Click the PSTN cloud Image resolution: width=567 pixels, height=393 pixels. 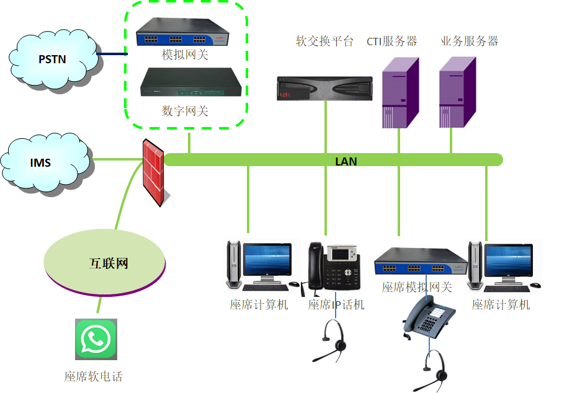click(53, 59)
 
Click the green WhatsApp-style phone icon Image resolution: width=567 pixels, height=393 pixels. click(96, 339)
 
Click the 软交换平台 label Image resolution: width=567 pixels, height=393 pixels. click(324, 42)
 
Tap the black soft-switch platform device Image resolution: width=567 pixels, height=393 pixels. click(324, 88)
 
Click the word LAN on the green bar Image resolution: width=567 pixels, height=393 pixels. click(346, 161)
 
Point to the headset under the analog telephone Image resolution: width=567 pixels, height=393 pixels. click(437, 368)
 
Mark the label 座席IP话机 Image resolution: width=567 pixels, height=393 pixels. click(336, 305)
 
